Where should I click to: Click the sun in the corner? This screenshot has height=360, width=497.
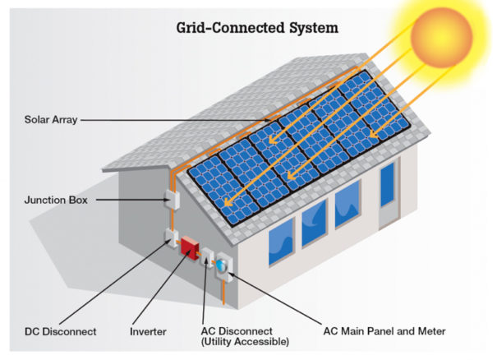pyautogui.click(x=450, y=30)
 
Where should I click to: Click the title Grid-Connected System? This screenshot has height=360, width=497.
pyautogui.click(x=256, y=27)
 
